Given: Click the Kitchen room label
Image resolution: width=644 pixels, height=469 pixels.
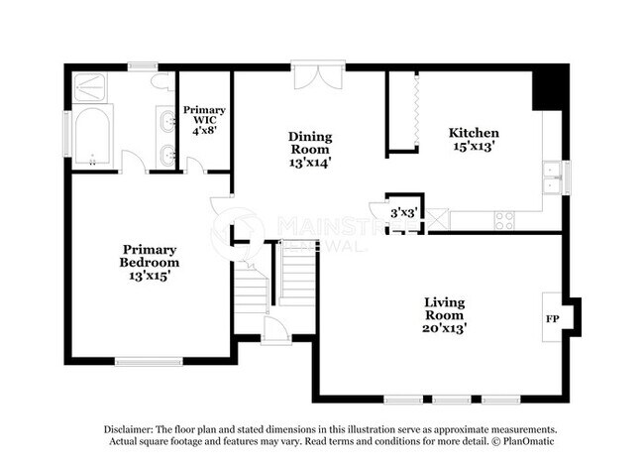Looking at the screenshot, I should coord(474,133).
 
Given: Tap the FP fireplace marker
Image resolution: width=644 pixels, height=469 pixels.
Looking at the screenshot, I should coord(552,319).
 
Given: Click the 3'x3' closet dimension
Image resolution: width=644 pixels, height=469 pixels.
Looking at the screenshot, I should coord(402,212).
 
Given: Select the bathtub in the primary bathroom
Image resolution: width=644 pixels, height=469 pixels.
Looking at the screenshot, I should coord(92,138).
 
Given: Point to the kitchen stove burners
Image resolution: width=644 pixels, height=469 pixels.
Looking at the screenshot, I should coord(505,218).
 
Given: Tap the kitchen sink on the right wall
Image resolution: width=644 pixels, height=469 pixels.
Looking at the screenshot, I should coord(549,180).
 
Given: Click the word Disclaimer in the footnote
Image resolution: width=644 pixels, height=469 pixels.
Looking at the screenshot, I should coord(134,430).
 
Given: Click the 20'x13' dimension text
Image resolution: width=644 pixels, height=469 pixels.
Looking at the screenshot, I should coord(445,326).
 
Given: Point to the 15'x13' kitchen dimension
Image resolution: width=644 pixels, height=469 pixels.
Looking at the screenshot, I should coord(474,147).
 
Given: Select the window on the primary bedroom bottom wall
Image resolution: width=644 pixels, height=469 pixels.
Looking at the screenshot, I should coord(144,360).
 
